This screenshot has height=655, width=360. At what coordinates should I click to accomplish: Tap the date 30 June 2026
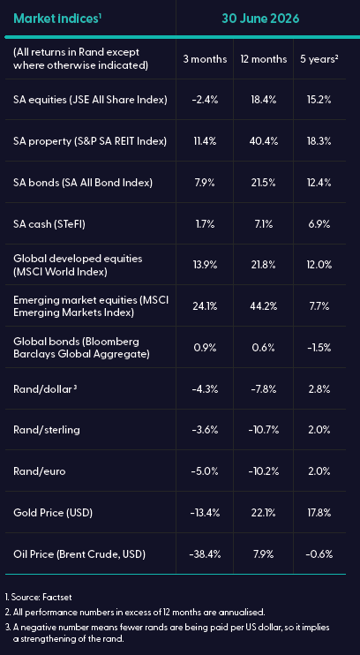point(260,19)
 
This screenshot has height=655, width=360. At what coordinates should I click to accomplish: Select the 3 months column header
point(205,59)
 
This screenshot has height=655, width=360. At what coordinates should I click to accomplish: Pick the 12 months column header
point(264,59)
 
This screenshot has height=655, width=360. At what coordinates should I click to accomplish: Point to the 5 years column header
point(319,59)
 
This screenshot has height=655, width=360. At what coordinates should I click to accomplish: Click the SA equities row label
point(90,100)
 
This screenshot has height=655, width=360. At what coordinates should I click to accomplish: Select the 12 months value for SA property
point(265,141)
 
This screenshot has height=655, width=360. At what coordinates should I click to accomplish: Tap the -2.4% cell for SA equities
point(204,100)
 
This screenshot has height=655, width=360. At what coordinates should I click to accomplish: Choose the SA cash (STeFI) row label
point(52,224)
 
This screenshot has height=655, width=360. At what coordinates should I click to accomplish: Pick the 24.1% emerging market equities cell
point(204,306)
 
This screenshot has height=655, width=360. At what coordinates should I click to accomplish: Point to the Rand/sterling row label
point(47,430)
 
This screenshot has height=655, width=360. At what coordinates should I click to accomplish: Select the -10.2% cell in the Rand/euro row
point(265,471)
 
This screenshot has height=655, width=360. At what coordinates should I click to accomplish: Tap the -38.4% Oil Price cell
point(204,554)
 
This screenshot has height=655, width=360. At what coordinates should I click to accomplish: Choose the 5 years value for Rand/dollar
point(319,389)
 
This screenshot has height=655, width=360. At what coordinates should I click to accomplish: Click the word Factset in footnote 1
point(57,598)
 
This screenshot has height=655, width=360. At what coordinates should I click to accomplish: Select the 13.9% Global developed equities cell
point(204,265)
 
